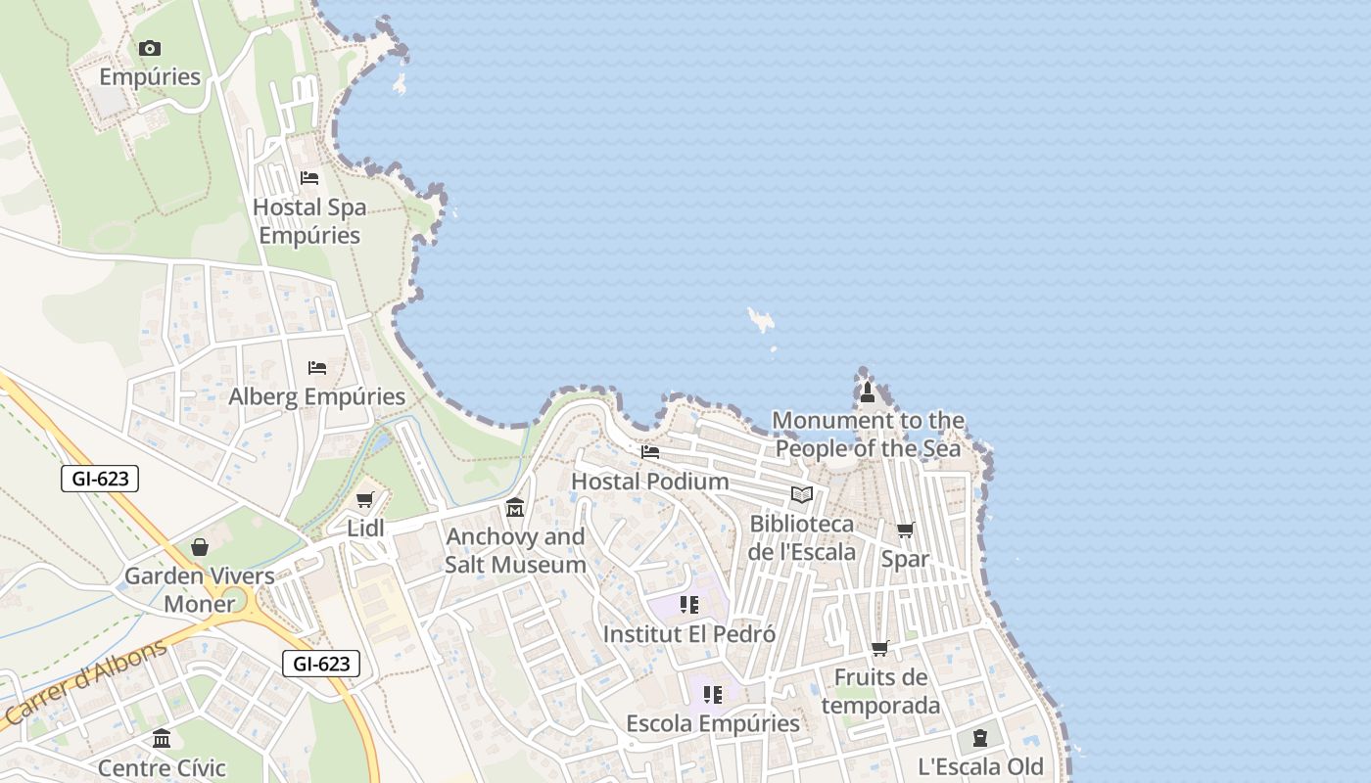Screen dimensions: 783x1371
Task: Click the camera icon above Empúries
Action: coord(149,48)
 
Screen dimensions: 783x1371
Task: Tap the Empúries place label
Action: coord(150,77)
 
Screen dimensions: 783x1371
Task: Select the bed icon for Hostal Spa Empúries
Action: coord(309,178)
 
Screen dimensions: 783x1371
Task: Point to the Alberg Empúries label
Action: coord(316,396)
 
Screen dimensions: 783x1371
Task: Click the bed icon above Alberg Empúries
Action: coord(316,368)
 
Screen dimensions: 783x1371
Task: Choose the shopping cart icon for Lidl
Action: coord(365,500)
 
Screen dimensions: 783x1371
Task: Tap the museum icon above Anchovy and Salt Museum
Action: coord(515,508)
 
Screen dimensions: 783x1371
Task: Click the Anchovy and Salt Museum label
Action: coord(515,551)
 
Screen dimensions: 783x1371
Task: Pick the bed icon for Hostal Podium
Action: coord(650,452)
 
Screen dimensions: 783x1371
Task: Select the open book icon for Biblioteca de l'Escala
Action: coord(802,495)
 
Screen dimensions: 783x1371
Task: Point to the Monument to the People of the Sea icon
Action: coord(867,393)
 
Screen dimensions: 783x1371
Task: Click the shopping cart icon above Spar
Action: coord(906,530)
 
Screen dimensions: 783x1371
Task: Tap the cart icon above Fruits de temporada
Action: coord(880,648)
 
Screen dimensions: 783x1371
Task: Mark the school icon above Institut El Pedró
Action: coord(689,605)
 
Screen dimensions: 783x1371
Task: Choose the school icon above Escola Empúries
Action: coord(713,695)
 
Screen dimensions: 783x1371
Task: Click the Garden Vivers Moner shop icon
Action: coord(200,547)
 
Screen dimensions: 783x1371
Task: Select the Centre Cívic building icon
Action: coord(162,738)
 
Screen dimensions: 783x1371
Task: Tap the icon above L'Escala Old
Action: coord(980,738)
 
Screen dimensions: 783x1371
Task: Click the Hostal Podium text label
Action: coord(650,482)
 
